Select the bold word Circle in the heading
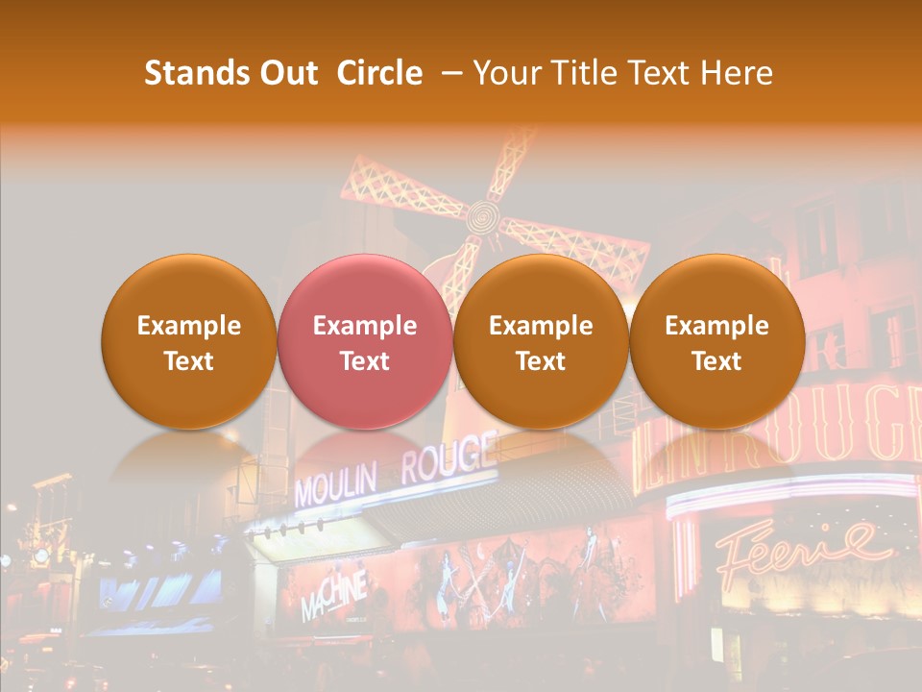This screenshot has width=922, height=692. tap(379, 73)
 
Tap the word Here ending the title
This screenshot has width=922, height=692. tap(738, 73)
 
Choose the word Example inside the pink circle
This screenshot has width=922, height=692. tap(364, 326)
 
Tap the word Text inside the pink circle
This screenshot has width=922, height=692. tap(364, 361)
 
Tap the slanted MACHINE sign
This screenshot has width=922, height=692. tap(333, 596)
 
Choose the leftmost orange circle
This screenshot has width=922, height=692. tap(188, 341)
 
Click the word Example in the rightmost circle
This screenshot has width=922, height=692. tap(716, 326)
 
